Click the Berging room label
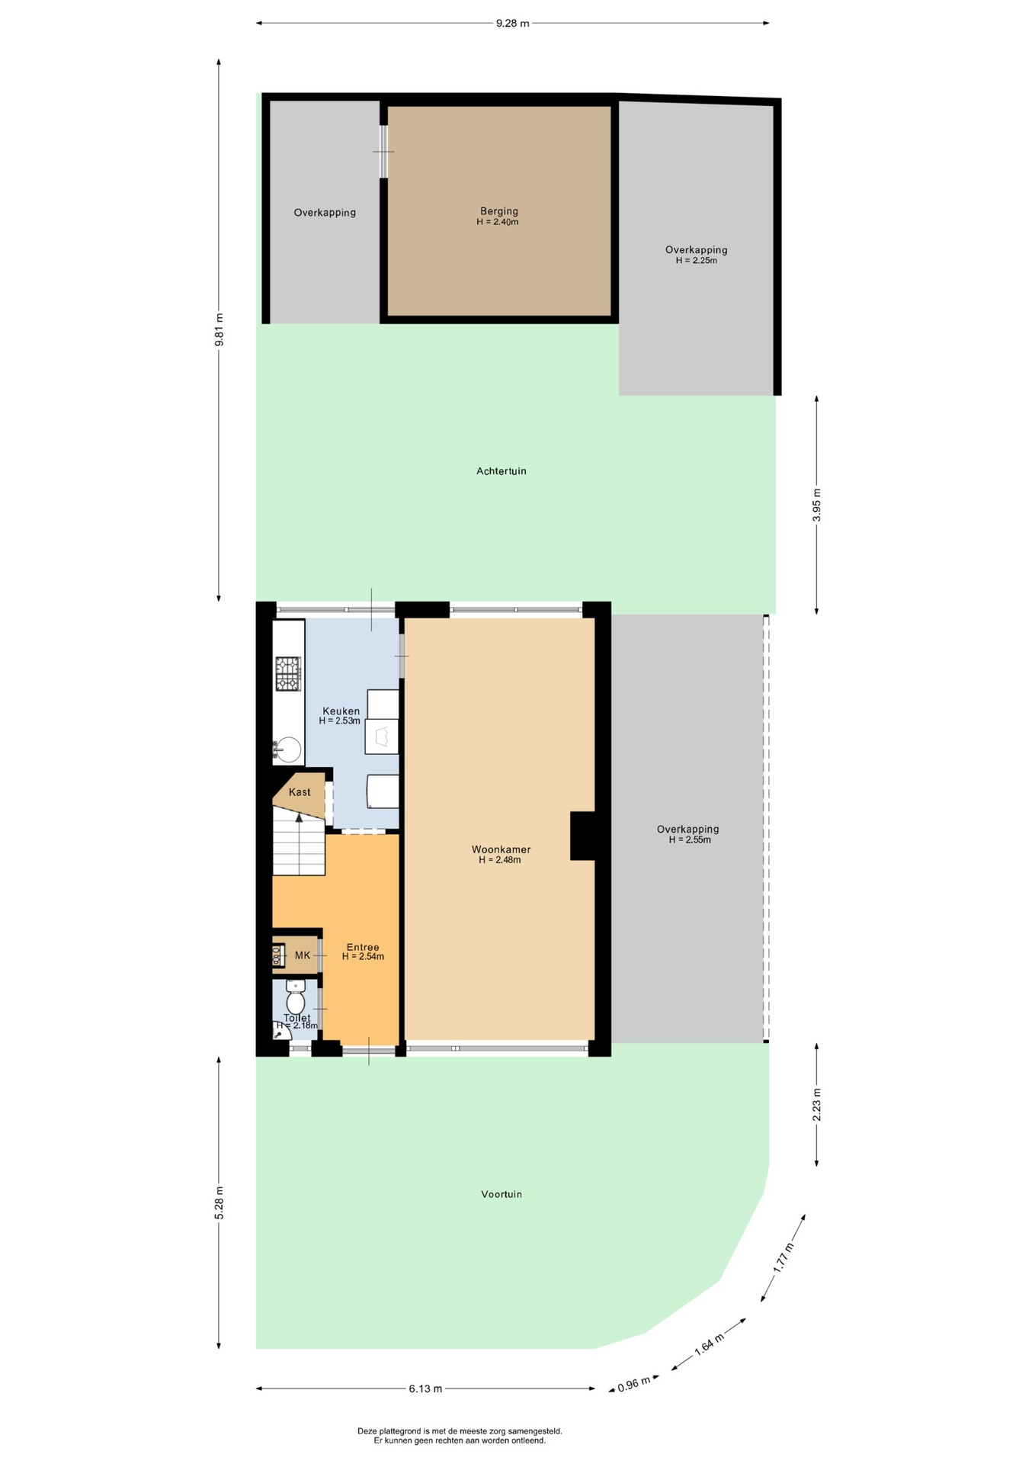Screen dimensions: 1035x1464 click(x=499, y=211)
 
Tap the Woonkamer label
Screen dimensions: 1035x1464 click(x=501, y=849)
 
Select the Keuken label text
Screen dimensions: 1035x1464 click(x=341, y=711)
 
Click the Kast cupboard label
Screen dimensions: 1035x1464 click(x=300, y=792)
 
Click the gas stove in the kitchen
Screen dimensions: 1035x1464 click(x=288, y=674)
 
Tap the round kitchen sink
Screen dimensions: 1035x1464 click(x=287, y=749)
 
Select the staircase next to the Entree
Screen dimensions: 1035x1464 click(x=299, y=843)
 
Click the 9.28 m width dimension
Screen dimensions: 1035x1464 click(x=512, y=23)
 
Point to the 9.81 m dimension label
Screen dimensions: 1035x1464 click(x=219, y=330)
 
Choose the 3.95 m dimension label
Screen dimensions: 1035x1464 click(x=817, y=505)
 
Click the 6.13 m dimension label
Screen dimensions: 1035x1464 click(x=425, y=1389)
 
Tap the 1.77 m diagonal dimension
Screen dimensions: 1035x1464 click(x=783, y=1258)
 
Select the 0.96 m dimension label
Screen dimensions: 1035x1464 click(x=634, y=1384)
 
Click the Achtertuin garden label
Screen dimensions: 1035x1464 click(x=501, y=471)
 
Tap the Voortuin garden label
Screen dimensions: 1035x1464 click(x=501, y=1194)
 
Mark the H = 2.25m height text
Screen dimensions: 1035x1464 click(x=697, y=260)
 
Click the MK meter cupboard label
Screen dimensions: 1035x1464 click(x=303, y=955)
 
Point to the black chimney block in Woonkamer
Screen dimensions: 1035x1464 click(x=583, y=836)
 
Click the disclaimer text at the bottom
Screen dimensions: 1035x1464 click(x=460, y=1436)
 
